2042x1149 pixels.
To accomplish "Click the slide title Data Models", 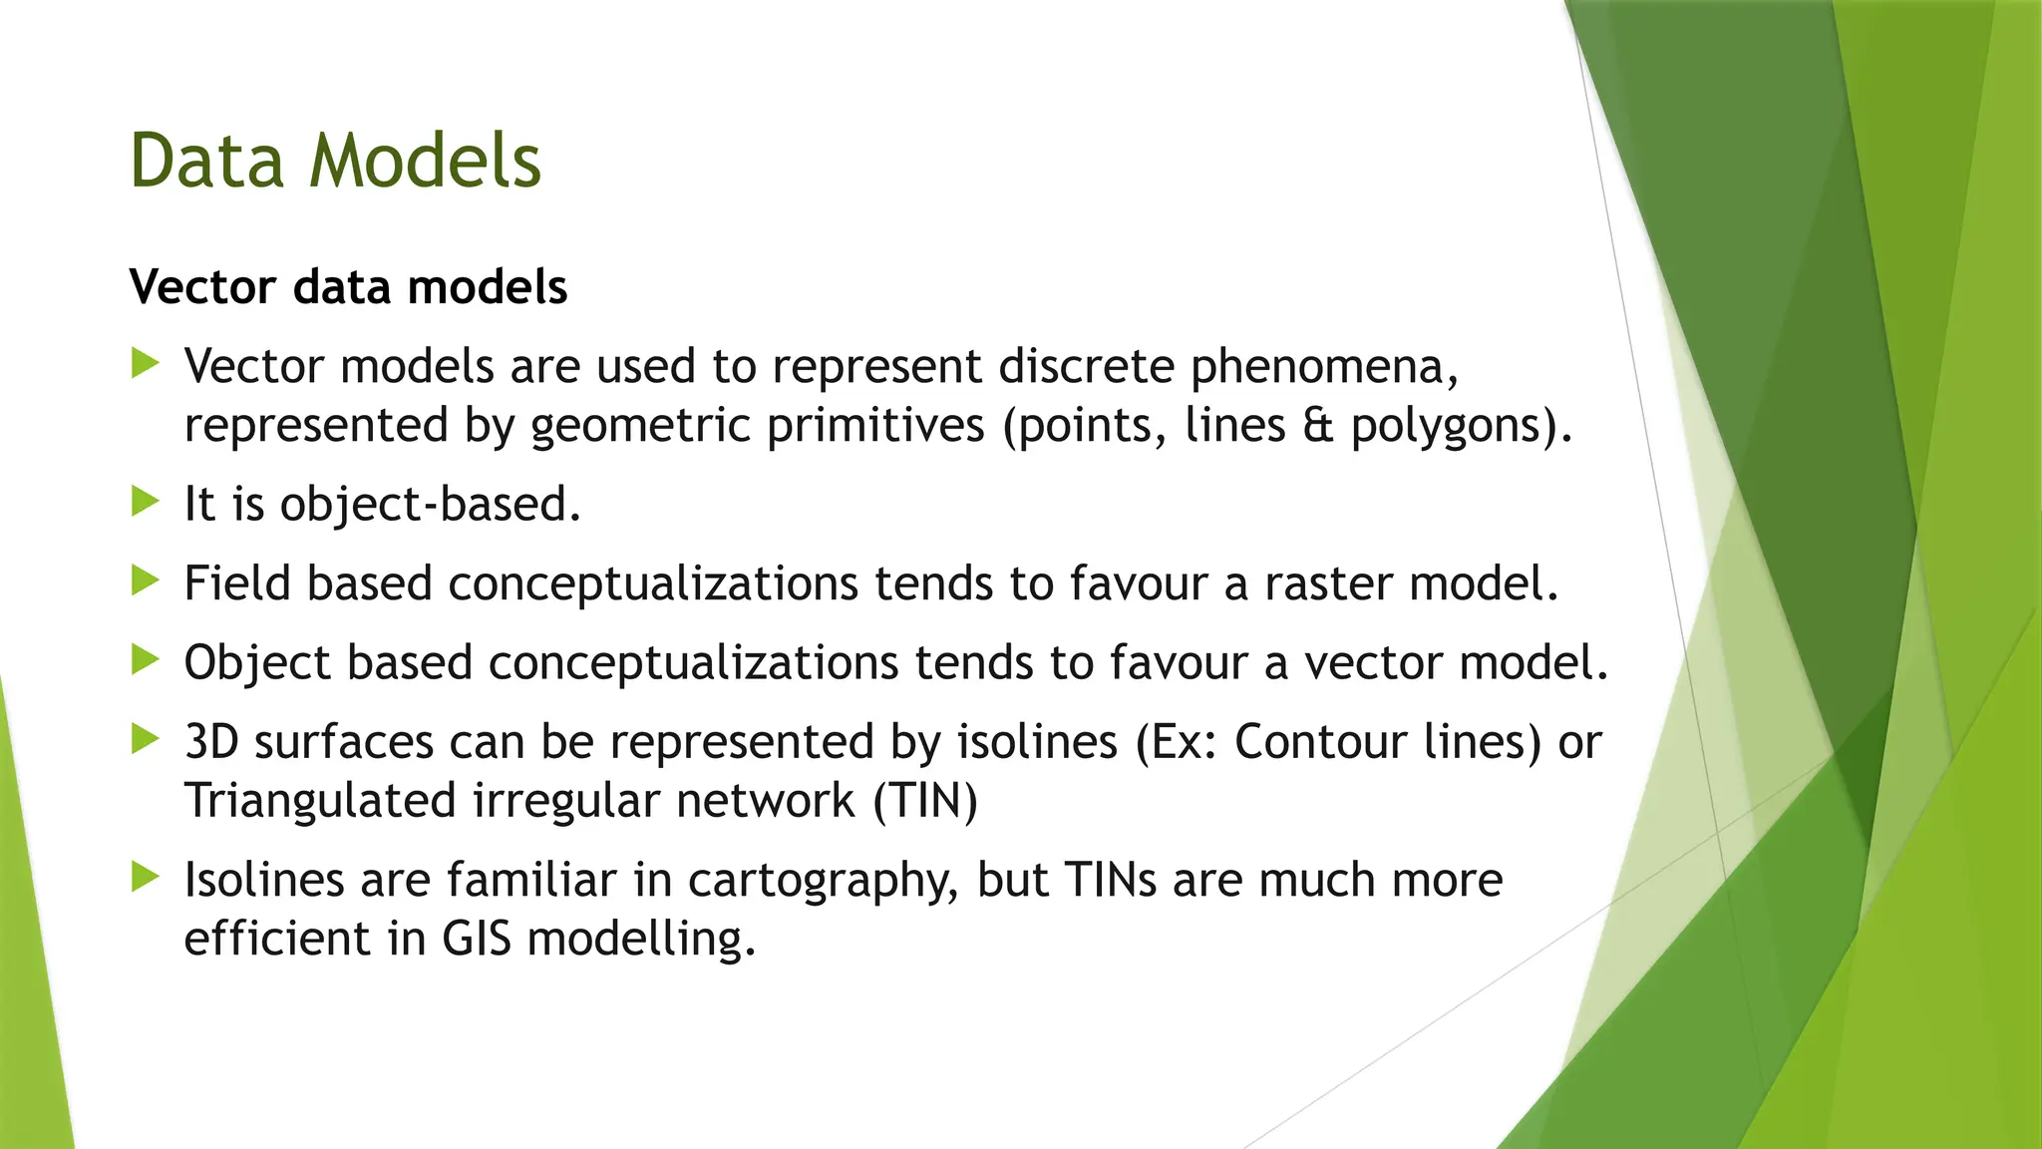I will point(335,161).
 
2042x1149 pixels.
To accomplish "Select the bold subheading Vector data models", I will point(348,287).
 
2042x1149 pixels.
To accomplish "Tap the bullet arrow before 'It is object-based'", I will point(146,502).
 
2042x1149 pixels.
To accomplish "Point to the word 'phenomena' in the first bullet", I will point(1324,368).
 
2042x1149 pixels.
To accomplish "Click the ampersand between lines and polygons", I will point(1317,426).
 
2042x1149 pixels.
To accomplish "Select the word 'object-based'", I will point(430,505).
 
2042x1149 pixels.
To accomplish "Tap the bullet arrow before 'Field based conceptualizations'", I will point(146,580).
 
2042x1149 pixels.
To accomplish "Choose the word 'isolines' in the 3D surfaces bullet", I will point(1037,742).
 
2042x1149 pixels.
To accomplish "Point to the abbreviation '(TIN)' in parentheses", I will point(925,801).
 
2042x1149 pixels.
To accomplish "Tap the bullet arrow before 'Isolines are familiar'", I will point(146,878).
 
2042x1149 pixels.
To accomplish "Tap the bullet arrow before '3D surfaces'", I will point(146,739).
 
